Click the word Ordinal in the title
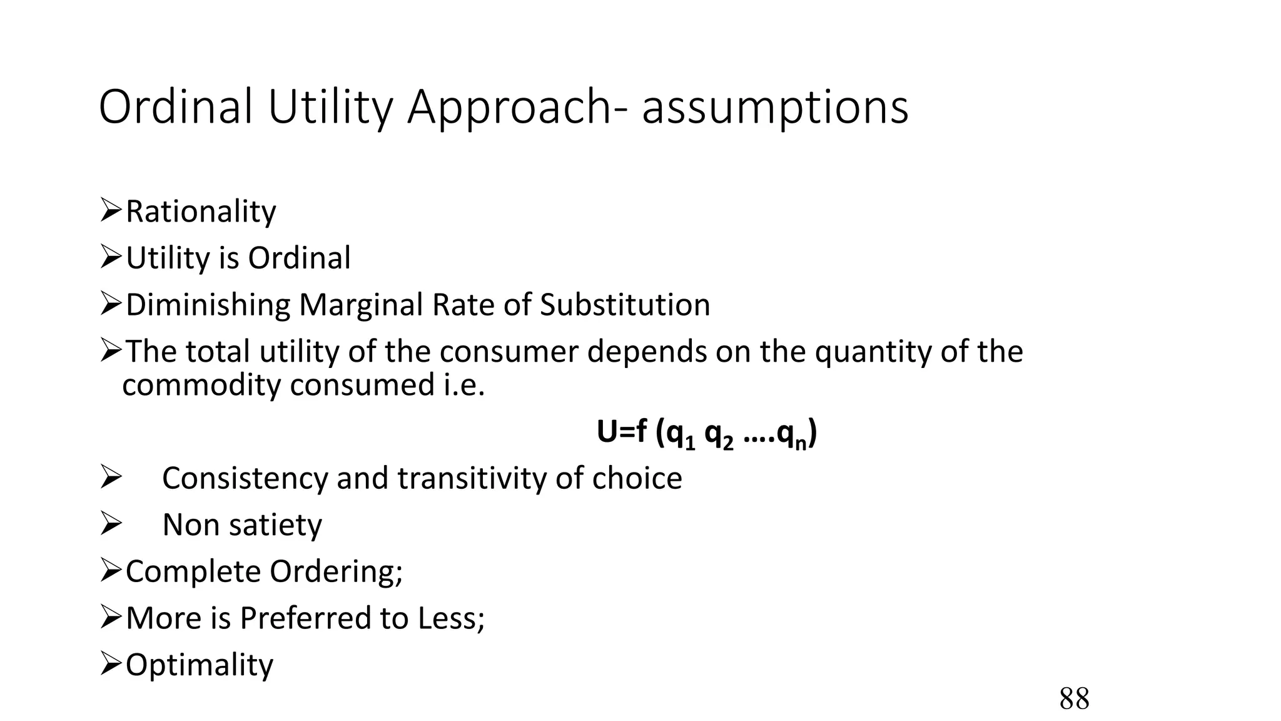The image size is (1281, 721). click(x=176, y=107)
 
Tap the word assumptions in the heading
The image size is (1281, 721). click(x=775, y=108)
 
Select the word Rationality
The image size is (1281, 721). click(x=200, y=212)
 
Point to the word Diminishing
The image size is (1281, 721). click(x=208, y=305)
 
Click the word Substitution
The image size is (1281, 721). click(x=625, y=305)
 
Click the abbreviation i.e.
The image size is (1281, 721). click(x=460, y=384)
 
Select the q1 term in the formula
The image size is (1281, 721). click(x=681, y=434)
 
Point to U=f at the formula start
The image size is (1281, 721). click(x=622, y=432)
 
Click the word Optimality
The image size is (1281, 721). click(x=200, y=665)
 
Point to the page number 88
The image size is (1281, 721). click(x=1074, y=698)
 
